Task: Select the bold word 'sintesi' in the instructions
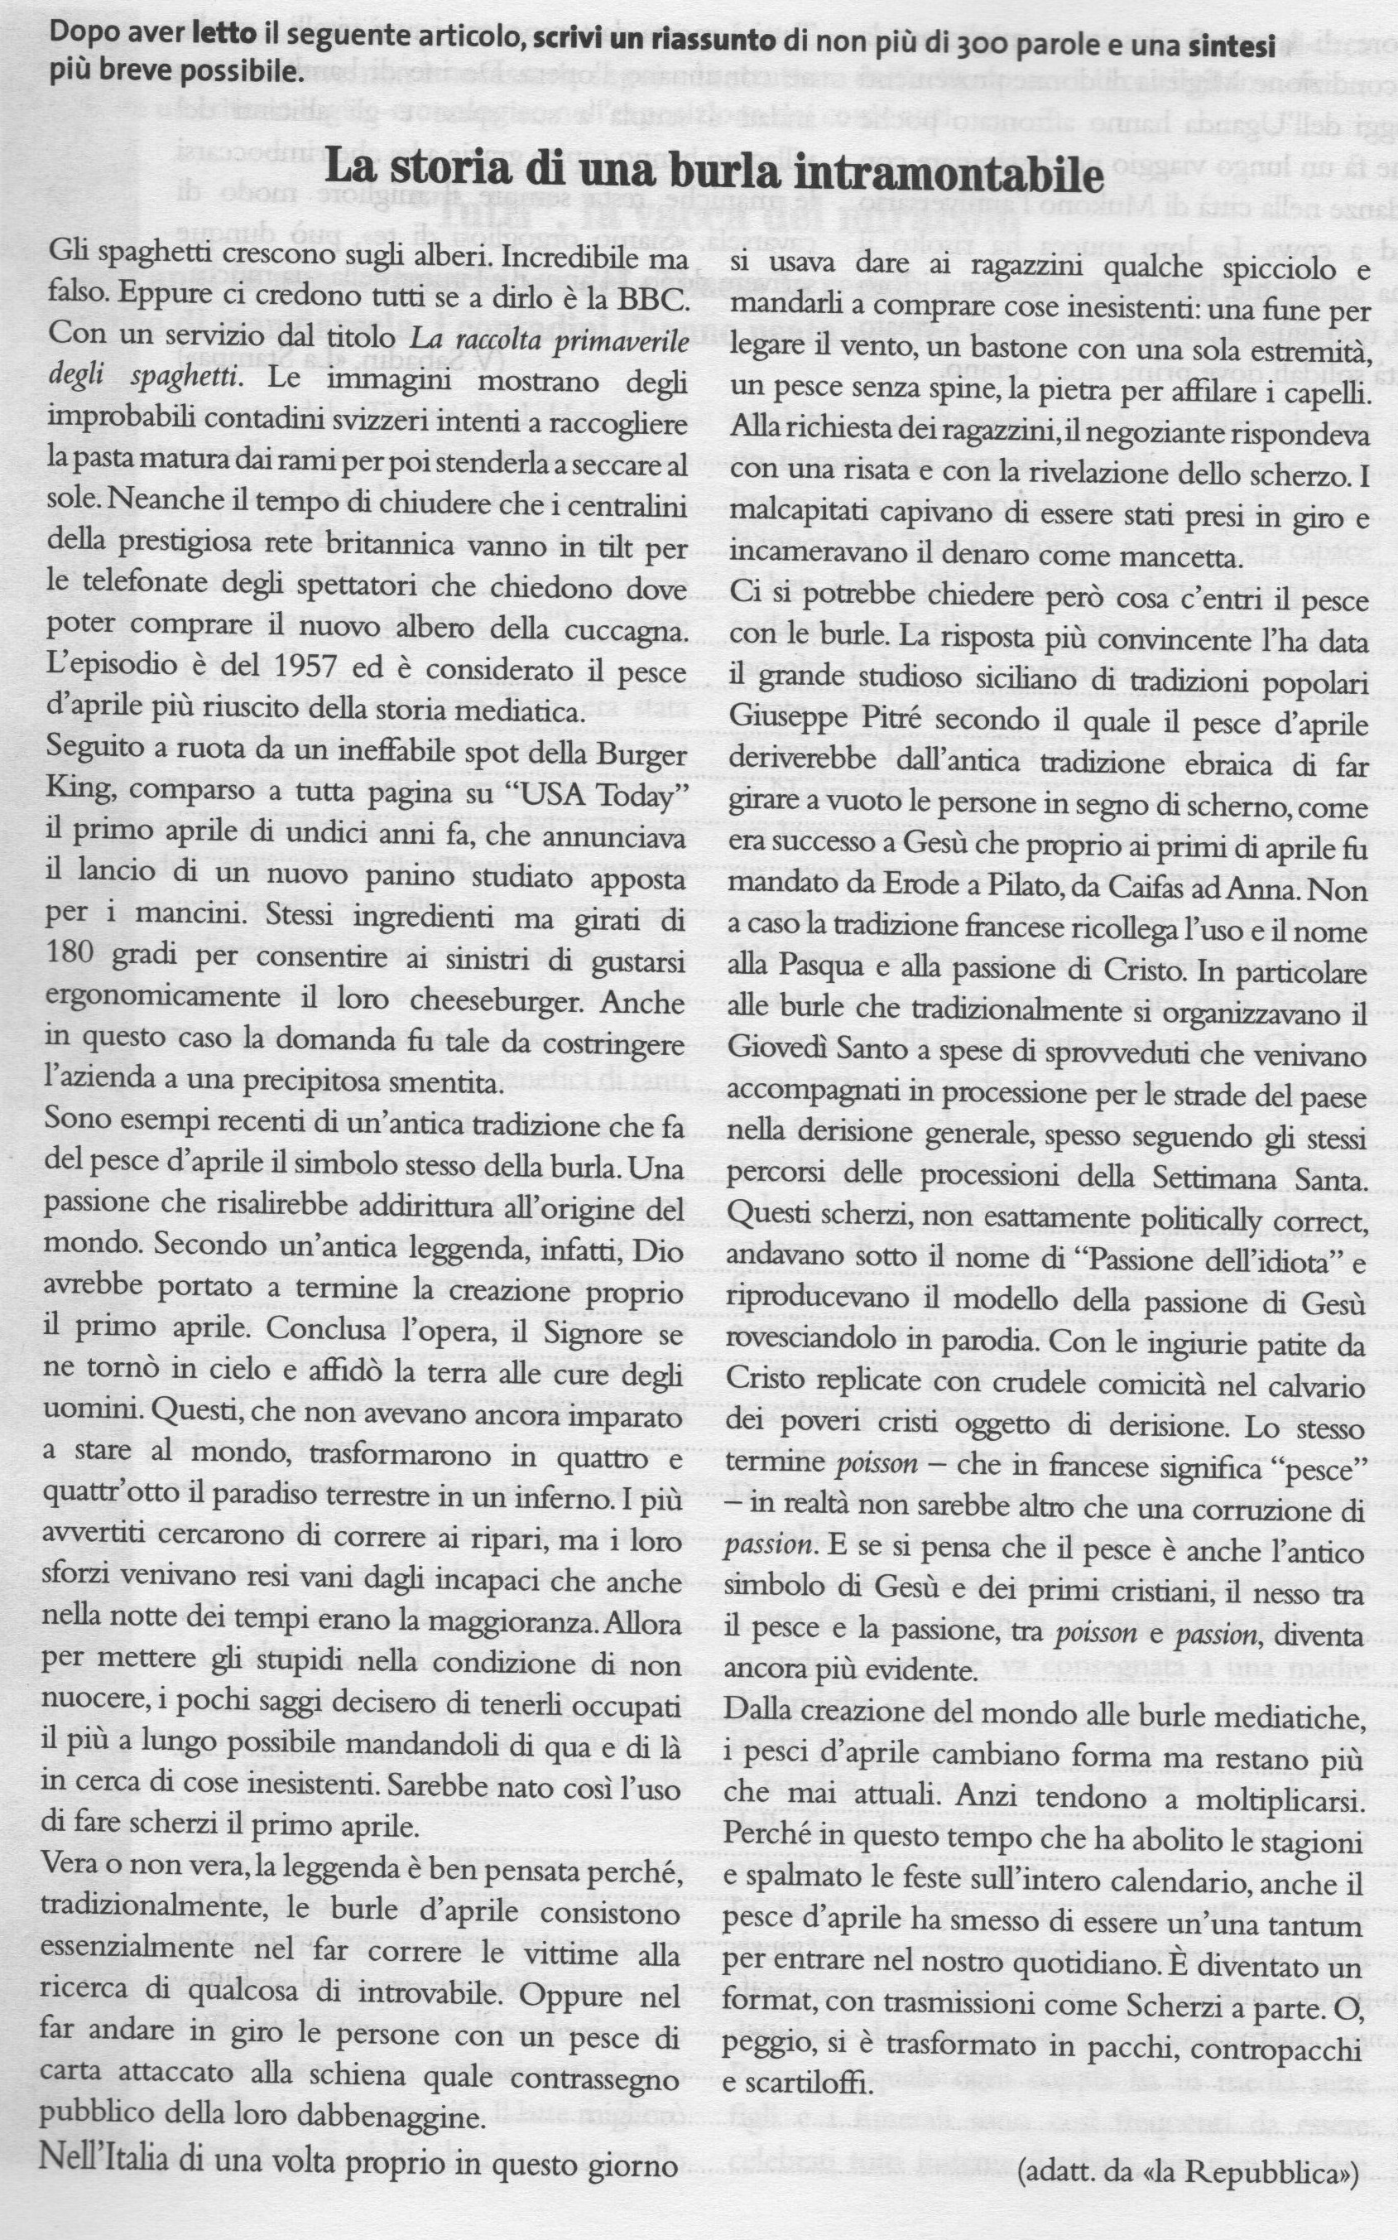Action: (1230, 45)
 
